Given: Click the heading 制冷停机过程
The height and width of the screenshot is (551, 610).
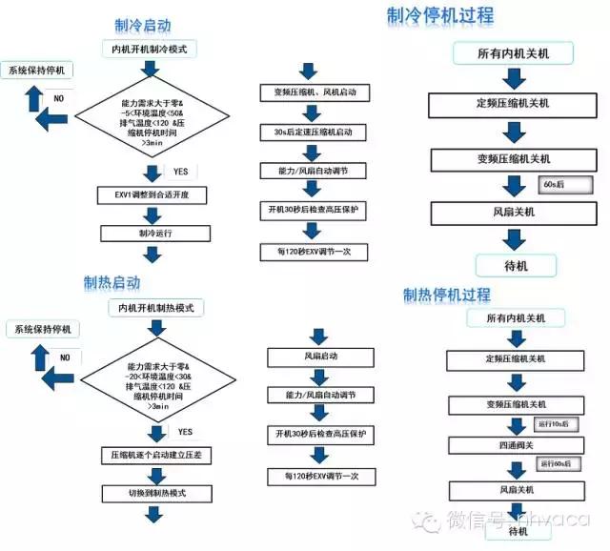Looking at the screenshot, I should coord(440,15).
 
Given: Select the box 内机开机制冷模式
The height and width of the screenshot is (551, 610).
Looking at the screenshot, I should coord(150,49).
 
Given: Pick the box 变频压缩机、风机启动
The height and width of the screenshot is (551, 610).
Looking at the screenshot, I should coord(313,93).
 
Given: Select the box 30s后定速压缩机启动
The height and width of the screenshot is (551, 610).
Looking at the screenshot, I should coord(313,132).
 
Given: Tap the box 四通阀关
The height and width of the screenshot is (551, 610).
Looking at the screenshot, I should coord(511,445).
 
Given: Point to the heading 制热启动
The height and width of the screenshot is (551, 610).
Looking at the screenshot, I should coord(112,283).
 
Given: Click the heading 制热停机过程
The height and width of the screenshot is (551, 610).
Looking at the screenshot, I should coord(447,295).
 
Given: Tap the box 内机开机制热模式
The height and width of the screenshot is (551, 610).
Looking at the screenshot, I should coord(156,308).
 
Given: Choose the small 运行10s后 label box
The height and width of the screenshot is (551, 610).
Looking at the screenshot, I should coord(554,424).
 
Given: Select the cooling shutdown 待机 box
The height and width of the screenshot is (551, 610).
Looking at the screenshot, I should coord(515,265).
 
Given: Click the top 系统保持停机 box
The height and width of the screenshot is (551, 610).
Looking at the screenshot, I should coord(40,71).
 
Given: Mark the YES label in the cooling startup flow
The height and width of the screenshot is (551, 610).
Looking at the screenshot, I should coord(180,173).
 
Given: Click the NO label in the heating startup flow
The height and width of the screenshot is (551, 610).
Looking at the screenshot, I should coord(64,357).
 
